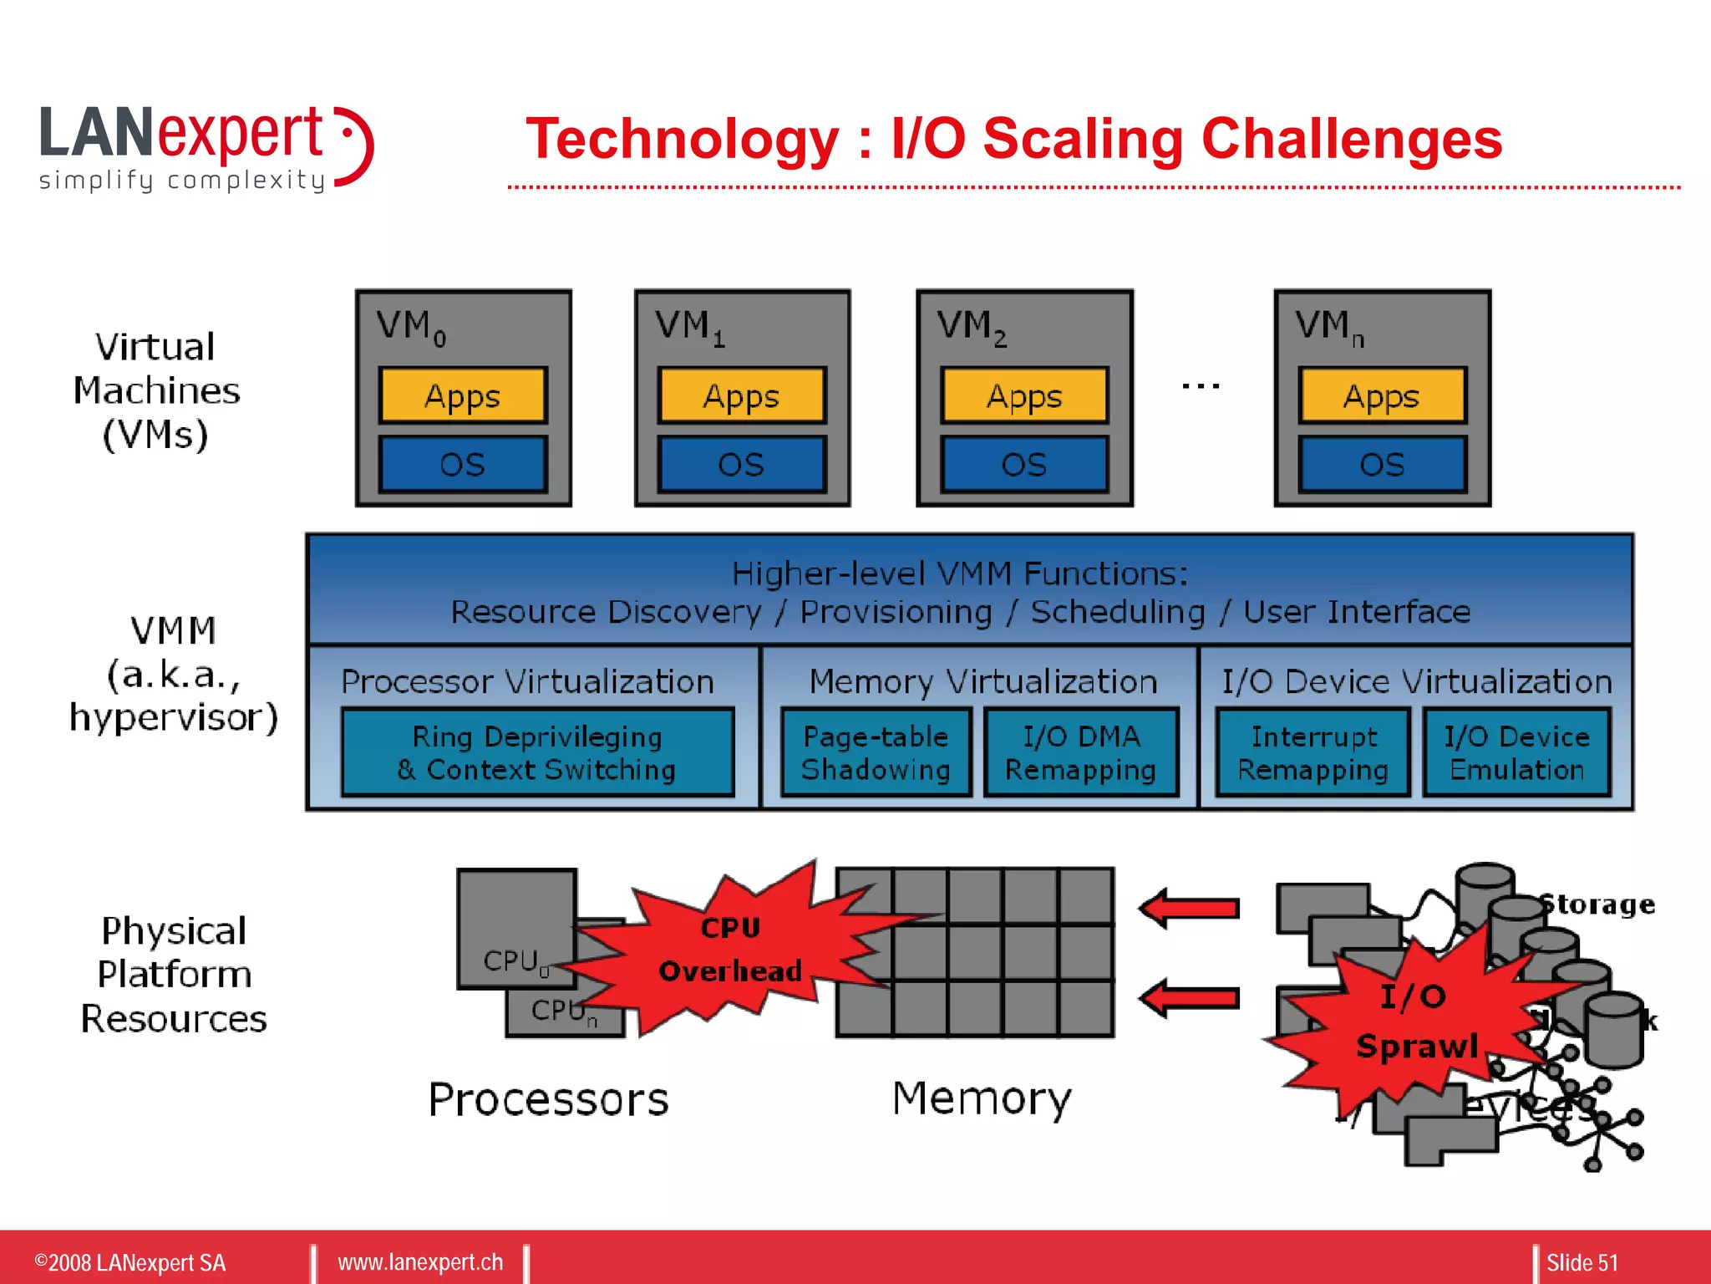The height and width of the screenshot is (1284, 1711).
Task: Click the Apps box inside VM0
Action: coord(463,395)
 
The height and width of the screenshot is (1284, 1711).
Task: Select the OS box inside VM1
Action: coord(742,464)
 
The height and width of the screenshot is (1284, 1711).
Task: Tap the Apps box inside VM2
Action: coord(1024,395)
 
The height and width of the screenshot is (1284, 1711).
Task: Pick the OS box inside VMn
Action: coord(1382,464)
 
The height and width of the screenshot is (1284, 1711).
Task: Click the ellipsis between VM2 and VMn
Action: coord(1201,386)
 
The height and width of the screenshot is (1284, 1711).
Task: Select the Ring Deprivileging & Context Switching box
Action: coord(537,752)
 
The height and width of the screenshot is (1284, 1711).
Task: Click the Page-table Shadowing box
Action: coord(876,752)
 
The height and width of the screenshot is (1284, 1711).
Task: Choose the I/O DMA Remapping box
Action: coord(1081,752)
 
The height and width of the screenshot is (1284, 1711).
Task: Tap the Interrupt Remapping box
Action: coord(1312,752)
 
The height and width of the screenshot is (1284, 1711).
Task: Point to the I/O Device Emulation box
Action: coord(1516,752)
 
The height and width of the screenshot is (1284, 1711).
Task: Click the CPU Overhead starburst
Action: coord(730,950)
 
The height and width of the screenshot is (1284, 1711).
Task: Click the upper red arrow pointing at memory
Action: coord(1190,909)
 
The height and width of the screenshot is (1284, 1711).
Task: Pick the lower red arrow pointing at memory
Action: coord(1190,998)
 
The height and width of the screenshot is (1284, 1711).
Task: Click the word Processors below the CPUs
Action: coord(548,1099)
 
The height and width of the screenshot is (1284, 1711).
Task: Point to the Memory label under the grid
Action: coord(982,1098)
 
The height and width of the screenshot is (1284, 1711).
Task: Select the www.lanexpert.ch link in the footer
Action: coord(420,1262)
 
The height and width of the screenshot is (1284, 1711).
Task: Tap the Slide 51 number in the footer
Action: coord(1582,1262)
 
